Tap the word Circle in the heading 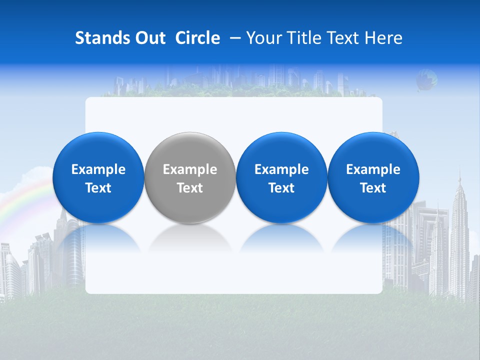tap(197, 38)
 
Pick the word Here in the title tap(383, 38)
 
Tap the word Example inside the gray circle tap(190, 169)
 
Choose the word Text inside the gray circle tap(190, 188)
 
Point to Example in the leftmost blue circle tap(98, 169)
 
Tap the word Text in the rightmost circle tap(373, 188)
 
